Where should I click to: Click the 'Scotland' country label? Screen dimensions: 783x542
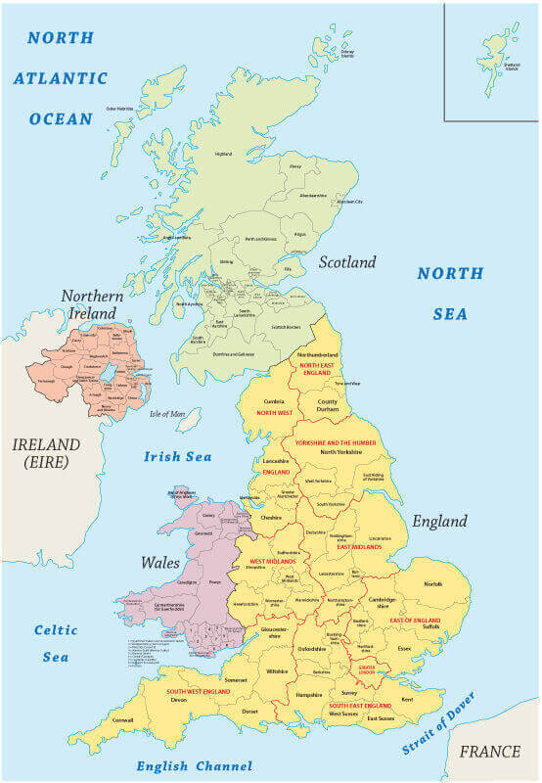coord(346,262)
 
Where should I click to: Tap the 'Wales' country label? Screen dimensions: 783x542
coord(159,563)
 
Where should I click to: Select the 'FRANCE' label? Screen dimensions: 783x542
coord(490,752)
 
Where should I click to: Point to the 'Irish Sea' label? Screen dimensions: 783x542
coord(178,456)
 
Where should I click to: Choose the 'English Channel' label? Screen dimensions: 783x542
coord(194,766)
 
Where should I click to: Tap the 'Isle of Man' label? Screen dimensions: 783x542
coord(167,414)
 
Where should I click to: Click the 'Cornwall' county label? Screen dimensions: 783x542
coord(123,719)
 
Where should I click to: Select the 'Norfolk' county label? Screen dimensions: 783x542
coord(431,584)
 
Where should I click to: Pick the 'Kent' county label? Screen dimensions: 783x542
coord(407,699)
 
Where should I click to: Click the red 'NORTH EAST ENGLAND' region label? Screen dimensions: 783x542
coord(317,369)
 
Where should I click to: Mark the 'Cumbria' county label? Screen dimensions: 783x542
coord(275,400)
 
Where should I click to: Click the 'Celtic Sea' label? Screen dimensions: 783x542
coord(56,643)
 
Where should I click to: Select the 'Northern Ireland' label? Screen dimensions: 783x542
coord(91,304)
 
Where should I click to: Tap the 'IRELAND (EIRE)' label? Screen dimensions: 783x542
coord(40,452)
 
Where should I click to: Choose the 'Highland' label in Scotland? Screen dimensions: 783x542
coord(223,154)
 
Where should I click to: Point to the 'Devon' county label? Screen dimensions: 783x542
coord(178,700)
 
